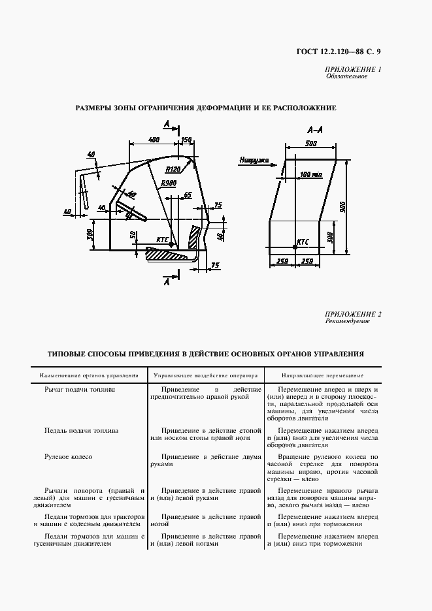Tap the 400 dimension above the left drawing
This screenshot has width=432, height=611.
pyautogui.click(x=154, y=140)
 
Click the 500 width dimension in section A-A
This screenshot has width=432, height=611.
pyautogui.click(x=311, y=144)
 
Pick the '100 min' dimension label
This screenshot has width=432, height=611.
pyautogui.click(x=311, y=174)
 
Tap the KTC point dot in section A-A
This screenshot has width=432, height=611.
pyautogui.click(x=295, y=246)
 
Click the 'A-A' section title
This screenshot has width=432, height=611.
pyautogui.click(x=313, y=129)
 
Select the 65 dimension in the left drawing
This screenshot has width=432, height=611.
pyautogui.click(x=188, y=195)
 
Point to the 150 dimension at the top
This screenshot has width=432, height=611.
pyautogui.click(x=186, y=140)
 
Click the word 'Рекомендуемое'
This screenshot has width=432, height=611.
pyautogui.click(x=347, y=321)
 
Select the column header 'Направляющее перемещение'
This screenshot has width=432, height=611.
pyautogui.click(x=322, y=376)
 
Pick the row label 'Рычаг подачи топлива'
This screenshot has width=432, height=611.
pyautogui.click(x=80, y=389)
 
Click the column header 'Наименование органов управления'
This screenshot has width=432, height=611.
pyautogui.click(x=88, y=376)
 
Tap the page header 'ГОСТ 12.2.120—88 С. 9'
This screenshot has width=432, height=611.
pyautogui.click(x=338, y=52)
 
